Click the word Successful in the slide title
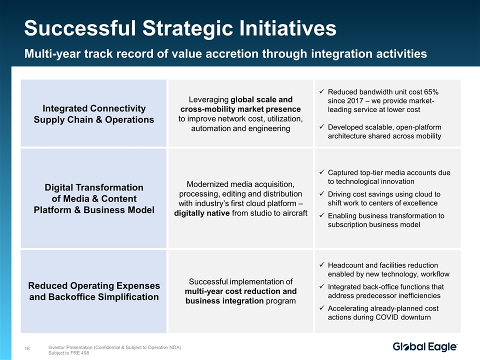[x=80, y=28]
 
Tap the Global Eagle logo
[x=425, y=347]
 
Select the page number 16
[x=27, y=348]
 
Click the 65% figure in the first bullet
[x=431, y=92]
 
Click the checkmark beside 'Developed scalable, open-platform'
[x=321, y=126]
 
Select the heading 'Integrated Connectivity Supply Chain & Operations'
[x=94, y=114]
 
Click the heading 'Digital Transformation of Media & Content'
[x=94, y=193]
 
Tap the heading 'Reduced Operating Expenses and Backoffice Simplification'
[x=94, y=291]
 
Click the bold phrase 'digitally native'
[x=201, y=213]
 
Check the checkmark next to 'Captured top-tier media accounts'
[x=321, y=172]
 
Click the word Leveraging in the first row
[x=208, y=100]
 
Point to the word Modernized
[x=205, y=184]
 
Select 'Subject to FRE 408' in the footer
[x=68, y=353]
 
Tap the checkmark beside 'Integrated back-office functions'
[x=321, y=286]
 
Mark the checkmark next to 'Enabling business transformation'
[x=321, y=215]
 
